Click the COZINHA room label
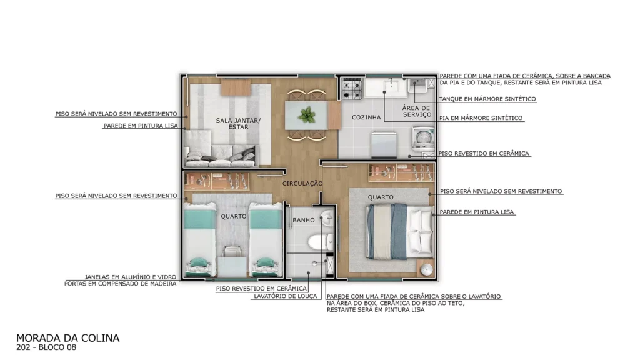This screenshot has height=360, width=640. tap(366, 117)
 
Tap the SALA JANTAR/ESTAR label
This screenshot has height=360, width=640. tap(238, 124)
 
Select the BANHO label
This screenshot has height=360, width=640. tap(304, 220)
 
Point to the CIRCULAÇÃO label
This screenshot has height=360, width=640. tap(302, 184)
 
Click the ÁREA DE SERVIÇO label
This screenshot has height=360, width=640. tap(417, 111)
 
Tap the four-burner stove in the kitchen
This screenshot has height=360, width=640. tap(352, 89)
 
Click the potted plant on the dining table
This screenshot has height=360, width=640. tap(306, 115)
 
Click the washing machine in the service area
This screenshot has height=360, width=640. tap(424, 138)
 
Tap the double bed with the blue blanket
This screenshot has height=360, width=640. tap(399, 232)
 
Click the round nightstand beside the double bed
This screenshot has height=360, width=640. tap(426, 269)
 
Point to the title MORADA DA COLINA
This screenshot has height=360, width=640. tap(67, 338)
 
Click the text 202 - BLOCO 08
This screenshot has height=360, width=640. tap(46, 347)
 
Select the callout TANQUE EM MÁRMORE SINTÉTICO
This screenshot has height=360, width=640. tap(487, 99)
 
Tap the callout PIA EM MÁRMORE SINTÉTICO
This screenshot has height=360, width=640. tap(481, 118)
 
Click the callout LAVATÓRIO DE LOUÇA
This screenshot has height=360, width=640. tap(285, 296)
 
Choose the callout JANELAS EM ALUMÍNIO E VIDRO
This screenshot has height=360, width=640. tap(130, 277)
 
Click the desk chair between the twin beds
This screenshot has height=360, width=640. tap(231, 251)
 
